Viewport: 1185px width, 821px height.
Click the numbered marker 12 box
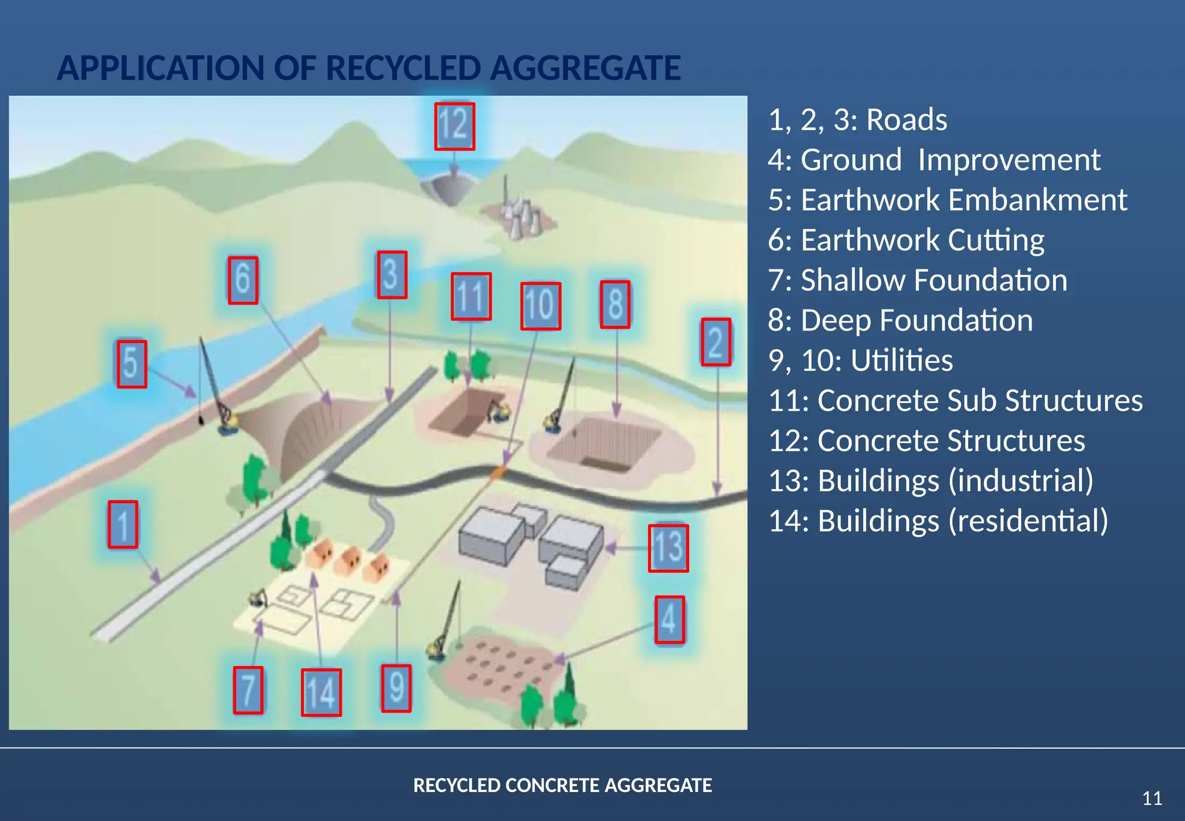point(455,126)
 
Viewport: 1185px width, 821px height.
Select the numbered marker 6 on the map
point(242,280)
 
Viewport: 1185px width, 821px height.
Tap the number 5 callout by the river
point(131,364)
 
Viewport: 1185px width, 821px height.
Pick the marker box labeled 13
point(668,548)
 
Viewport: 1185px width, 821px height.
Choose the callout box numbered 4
point(669,620)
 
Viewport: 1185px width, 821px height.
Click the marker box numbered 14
point(321,692)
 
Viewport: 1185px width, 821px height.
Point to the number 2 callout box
point(716,342)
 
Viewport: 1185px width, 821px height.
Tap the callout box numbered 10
point(540,306)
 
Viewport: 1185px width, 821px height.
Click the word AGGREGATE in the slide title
point(586,68)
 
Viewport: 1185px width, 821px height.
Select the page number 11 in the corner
point(1152,798)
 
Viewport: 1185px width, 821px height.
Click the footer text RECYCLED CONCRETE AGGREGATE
point(562,785)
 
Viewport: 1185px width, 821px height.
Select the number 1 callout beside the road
point(123,525)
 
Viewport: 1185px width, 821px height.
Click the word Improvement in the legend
point(1009,160)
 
